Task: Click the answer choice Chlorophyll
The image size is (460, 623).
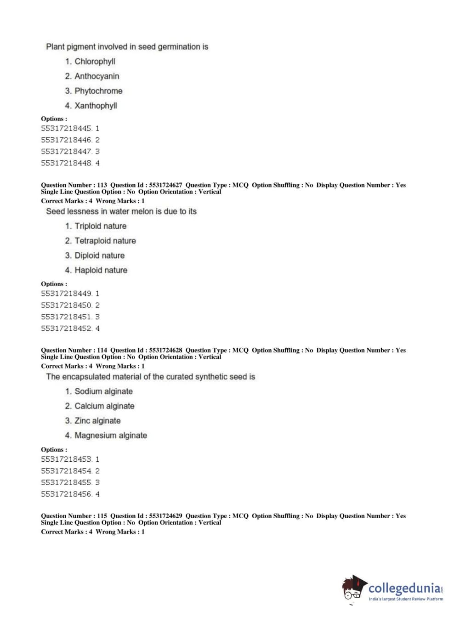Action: (x=95, y=62)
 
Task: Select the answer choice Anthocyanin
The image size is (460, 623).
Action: (x=97, y=76)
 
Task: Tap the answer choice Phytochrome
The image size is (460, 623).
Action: (x=98, y=91)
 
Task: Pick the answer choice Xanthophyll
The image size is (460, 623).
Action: (x=96, y=106)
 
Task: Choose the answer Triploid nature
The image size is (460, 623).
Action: (x=100, y=226)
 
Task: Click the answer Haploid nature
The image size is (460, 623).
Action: (x=101, y=270)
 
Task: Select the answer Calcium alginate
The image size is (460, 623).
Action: (x=104, y=406)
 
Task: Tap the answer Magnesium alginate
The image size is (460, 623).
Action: (x=111, y=436)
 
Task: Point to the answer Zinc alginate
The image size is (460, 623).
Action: (x=97, y=421)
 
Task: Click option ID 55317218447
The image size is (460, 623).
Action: (x=67, y=152)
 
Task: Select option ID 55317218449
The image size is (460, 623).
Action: (x=67, y=294)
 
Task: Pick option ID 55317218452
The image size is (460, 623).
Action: (x=67, y=328)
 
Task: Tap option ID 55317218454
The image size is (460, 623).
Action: (x=67, y=471)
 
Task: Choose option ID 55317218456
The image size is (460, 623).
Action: (x=67, y=494)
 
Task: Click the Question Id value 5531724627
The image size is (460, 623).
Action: (x=165, y=185)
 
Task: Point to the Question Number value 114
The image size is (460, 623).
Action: (x=102, y=350)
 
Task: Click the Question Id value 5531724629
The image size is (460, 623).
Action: (x=165, y=516)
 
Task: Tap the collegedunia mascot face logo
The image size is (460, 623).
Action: (x=353, y=588)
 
